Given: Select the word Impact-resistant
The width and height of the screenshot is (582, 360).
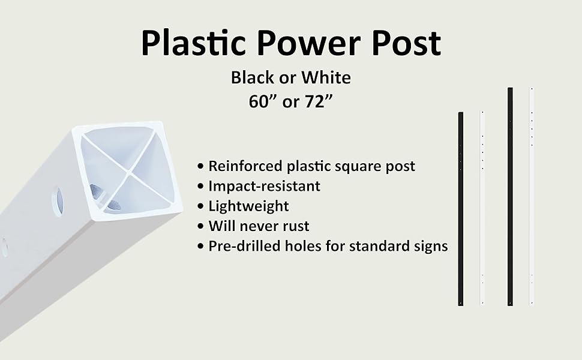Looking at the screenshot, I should (x=265, y=187).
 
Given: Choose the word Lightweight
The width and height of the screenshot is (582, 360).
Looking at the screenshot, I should (x=248, y=206).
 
